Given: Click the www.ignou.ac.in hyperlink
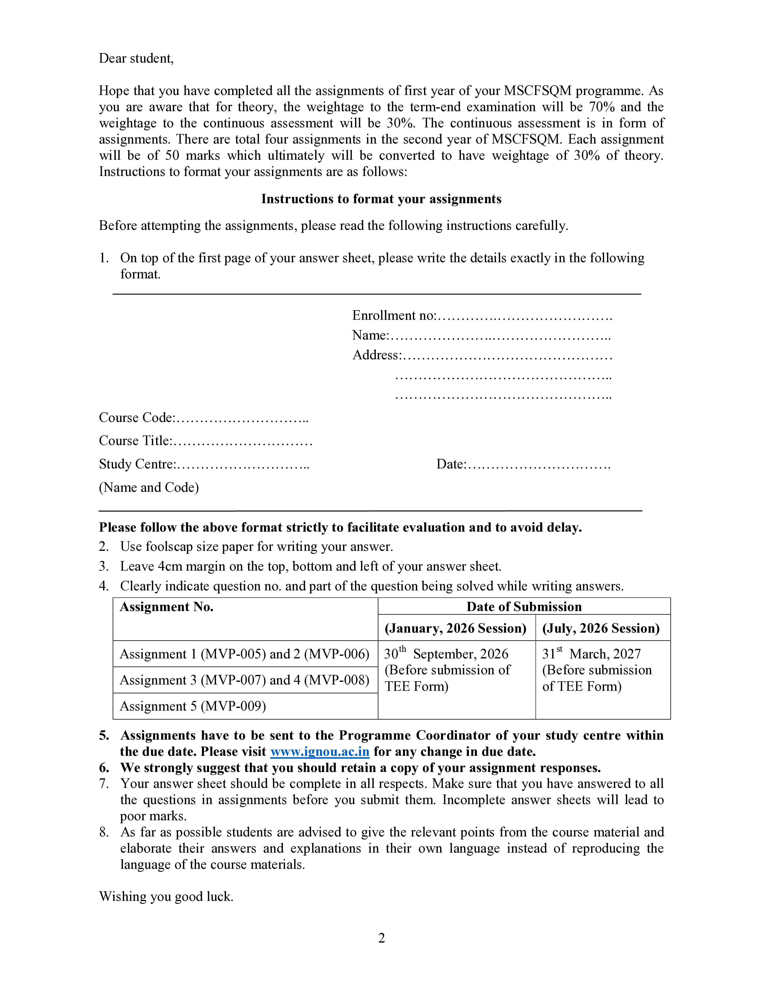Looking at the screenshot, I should (x=320, y=752).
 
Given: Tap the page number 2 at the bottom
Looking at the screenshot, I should (x=381, y=937).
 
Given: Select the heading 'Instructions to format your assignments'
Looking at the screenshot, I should (x=381, y=199).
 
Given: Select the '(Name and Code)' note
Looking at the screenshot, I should (x=149, y=488).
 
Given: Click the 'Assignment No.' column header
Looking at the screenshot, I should (x=167, y=607).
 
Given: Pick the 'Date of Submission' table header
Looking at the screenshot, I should (x=524, y=607).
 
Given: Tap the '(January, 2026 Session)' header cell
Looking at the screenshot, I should (x=456, y=628).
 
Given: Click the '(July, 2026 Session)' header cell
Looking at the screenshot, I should (x=601, y=628).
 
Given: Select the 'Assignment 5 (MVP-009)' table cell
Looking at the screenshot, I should (x=193, y=706).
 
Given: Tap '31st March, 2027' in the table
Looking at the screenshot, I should (x=591, y=654).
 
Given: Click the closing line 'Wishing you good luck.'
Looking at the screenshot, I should (x=166, y=897).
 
